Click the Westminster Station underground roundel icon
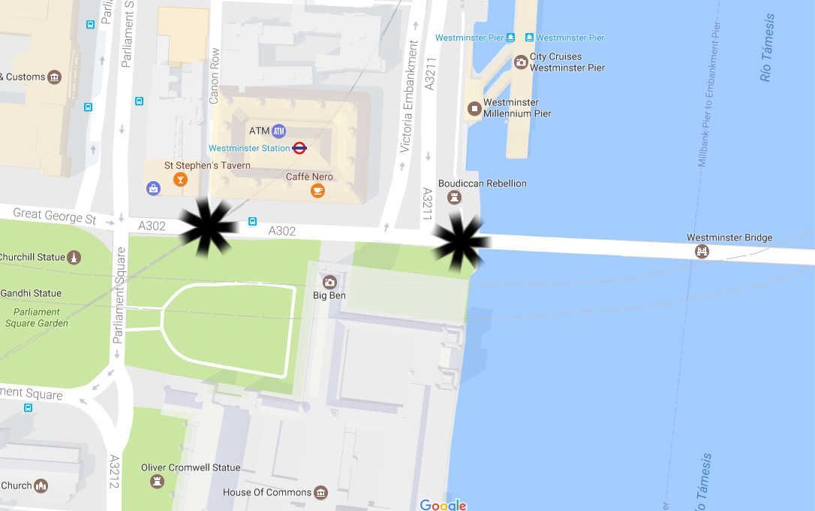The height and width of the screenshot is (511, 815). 299,148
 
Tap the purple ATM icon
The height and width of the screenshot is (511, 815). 279,131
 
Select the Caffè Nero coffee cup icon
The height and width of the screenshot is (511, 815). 317,191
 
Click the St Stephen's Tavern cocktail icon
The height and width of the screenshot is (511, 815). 180,179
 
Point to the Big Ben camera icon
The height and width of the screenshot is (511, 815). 329,282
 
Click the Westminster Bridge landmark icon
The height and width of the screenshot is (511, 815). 702,252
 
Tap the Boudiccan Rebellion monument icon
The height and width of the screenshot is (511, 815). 453,197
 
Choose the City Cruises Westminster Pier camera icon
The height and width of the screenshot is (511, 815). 521,62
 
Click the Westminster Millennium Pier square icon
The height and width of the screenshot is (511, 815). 474,108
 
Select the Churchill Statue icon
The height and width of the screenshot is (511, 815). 74,258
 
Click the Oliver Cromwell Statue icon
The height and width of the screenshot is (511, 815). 157,481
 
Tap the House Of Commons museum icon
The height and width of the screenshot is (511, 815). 320,493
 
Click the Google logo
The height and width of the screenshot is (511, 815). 443,505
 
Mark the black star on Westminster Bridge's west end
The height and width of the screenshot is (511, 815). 461,240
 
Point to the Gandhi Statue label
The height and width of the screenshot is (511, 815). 31,293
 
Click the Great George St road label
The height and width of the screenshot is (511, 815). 54,216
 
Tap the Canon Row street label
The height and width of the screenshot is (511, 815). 214,76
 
